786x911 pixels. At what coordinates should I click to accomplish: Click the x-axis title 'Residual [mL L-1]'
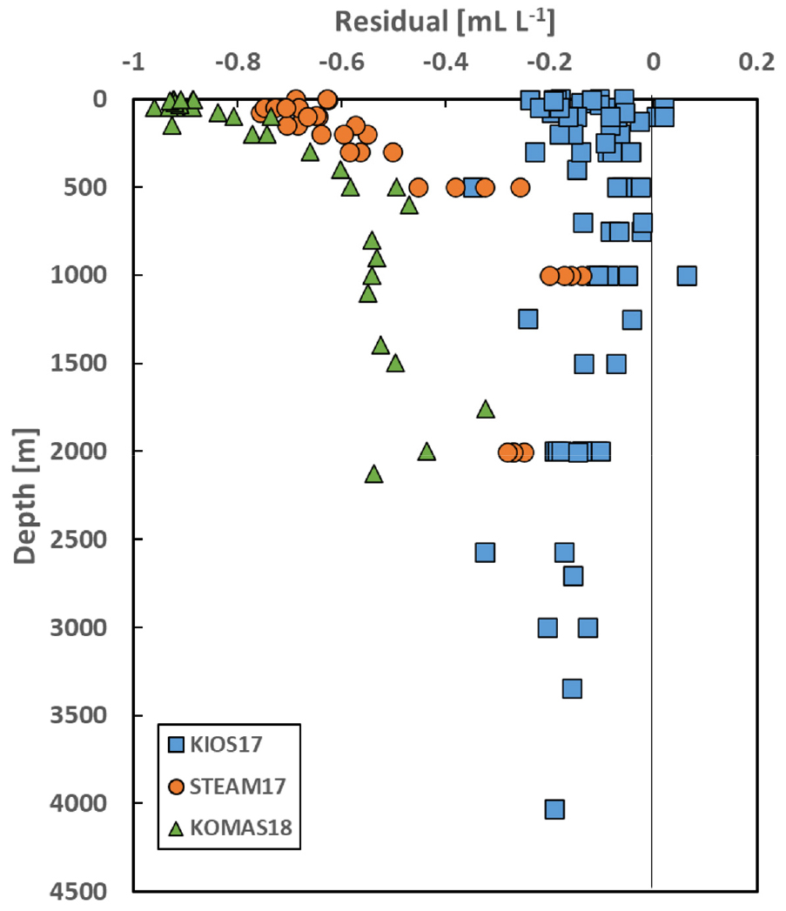click(445, 22)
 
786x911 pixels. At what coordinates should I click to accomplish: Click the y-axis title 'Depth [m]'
click(24, 496)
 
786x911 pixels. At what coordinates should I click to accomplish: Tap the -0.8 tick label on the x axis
click(238, 62)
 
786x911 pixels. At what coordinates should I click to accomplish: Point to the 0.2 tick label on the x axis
click(757, 62)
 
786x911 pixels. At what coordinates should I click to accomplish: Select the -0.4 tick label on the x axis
click(446, 62)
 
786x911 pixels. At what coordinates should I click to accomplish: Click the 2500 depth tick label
click(78, 539)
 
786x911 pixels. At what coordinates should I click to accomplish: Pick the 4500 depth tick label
click(78, 891)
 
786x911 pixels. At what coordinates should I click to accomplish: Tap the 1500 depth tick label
click(78, 363)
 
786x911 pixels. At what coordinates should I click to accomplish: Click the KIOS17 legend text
click(226, 744)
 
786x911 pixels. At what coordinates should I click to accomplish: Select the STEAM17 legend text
click(238, 786)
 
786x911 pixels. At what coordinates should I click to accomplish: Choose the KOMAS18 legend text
click(241, 827)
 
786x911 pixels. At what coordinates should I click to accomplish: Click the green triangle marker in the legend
click(176, 828)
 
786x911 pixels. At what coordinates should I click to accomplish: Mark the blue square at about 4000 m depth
click(554, 808)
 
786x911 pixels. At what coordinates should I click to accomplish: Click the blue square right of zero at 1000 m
click(687, 276)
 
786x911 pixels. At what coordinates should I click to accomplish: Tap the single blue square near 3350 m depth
click(572, 688)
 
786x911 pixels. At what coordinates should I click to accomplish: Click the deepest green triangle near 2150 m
click(374, 474)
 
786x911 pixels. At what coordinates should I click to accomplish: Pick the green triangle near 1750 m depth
click(486, 410)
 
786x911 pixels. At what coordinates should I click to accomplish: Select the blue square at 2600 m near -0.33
click(485, 552)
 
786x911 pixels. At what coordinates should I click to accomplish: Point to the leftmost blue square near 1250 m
click(527, 318)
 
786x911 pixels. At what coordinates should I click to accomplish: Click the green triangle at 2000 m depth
click(427, 452)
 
